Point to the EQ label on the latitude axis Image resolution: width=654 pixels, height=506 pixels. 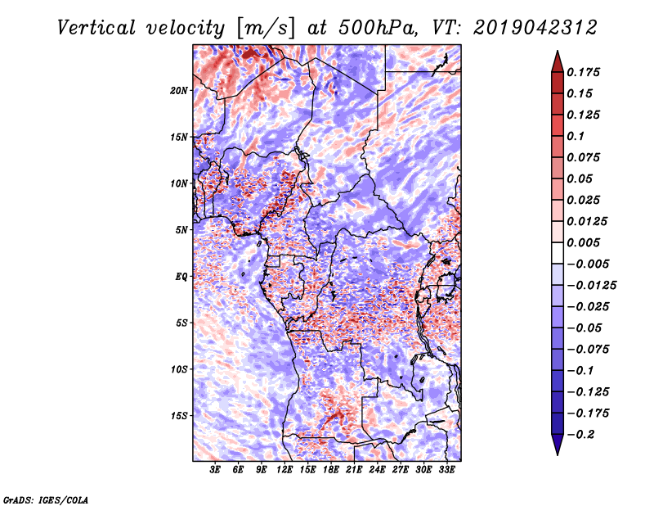(181, 276)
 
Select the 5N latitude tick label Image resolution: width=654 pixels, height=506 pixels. (182, 229)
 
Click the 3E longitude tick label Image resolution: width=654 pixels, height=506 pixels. (216, 470)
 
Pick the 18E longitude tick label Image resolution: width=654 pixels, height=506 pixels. (332, 470)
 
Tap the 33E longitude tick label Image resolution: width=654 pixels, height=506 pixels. (447, 470)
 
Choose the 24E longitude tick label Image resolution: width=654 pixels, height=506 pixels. (378, 470)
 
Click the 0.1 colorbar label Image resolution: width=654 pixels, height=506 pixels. (577, 136)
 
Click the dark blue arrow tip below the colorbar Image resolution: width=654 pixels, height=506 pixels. (557, 449)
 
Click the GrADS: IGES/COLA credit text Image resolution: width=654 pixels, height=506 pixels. (44, 499)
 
